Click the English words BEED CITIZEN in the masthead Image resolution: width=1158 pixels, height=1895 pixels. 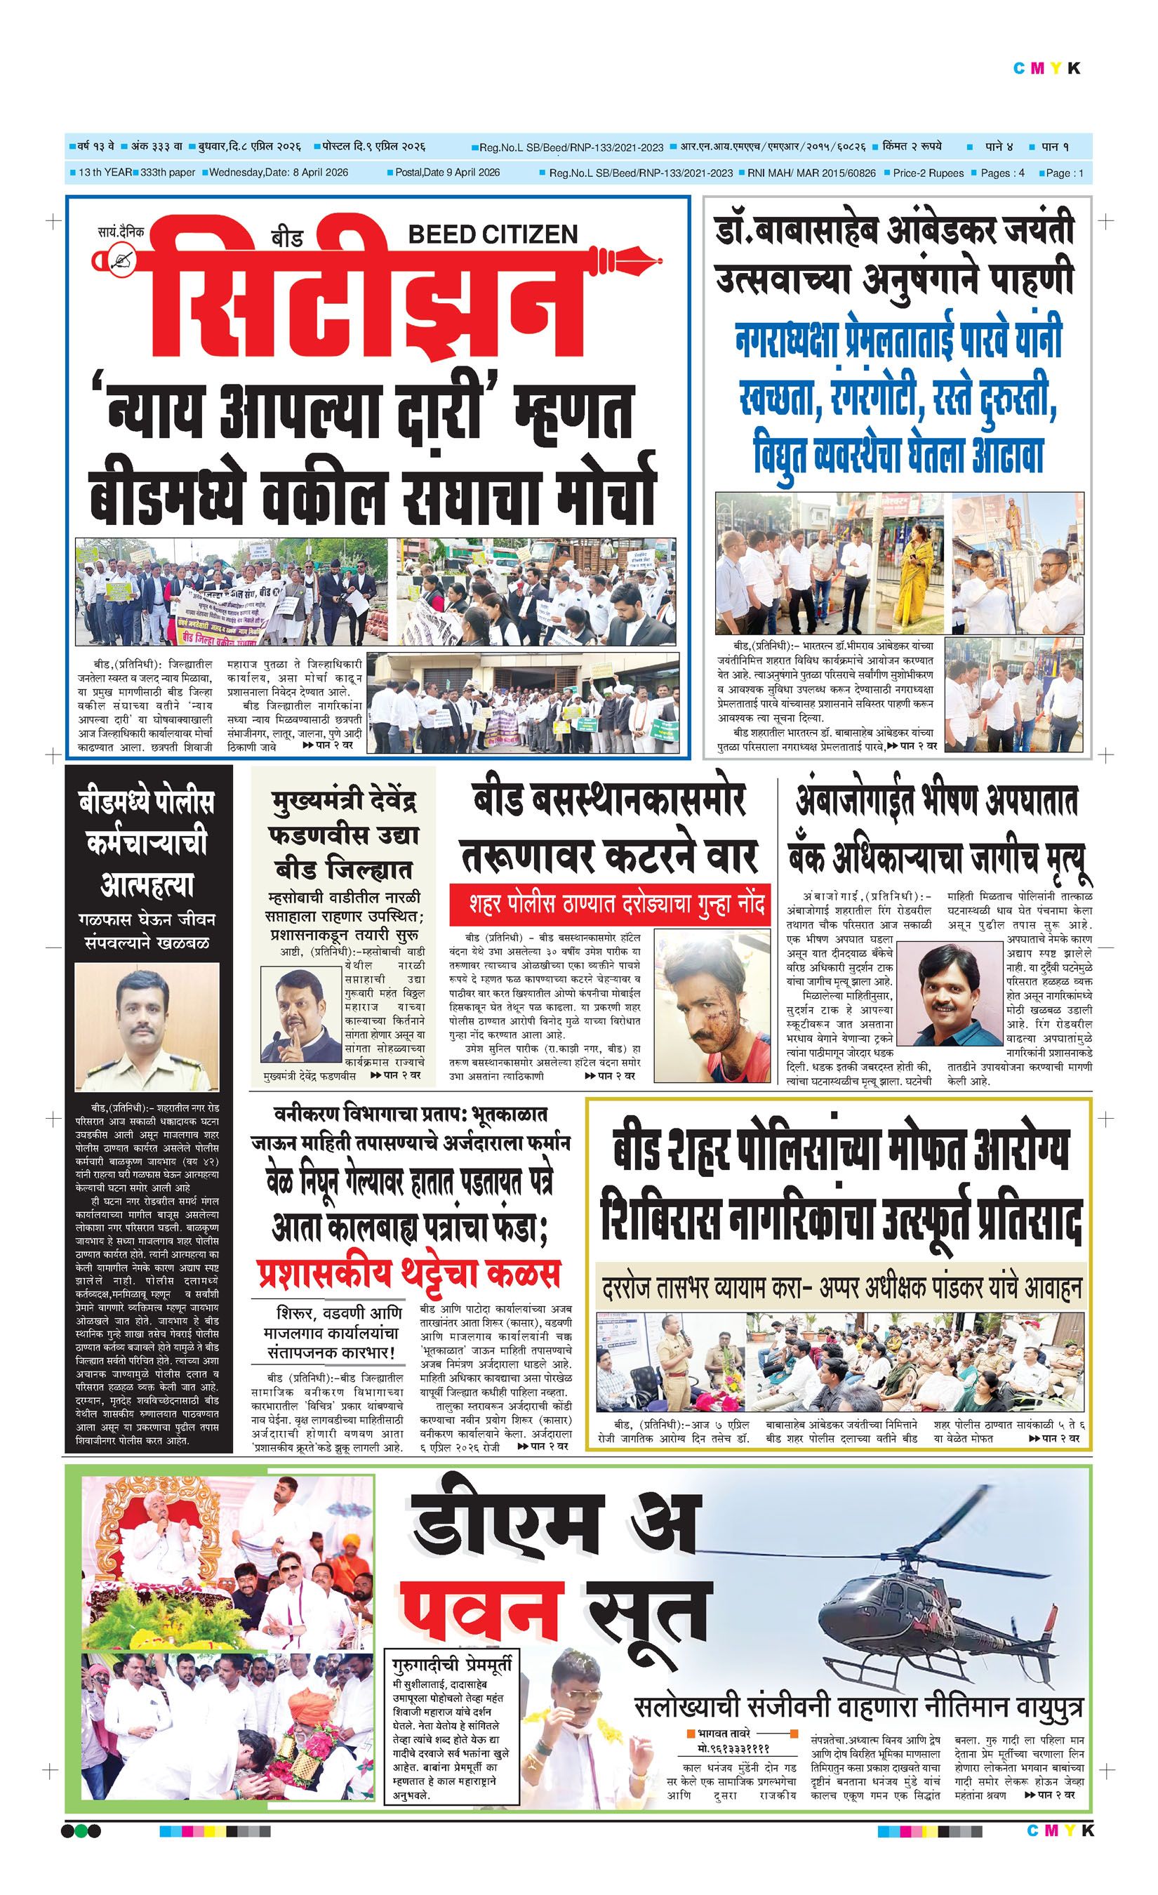pyautogui.click(x=492, y=234)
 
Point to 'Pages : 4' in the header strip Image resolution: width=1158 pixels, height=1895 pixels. pyautogui.click(x=1002, y=173)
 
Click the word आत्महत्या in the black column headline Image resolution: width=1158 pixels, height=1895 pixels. pyautogui.click(x=146, y=884)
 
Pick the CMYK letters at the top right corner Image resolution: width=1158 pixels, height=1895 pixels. pyautogui.click(x=1046, y=69)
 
